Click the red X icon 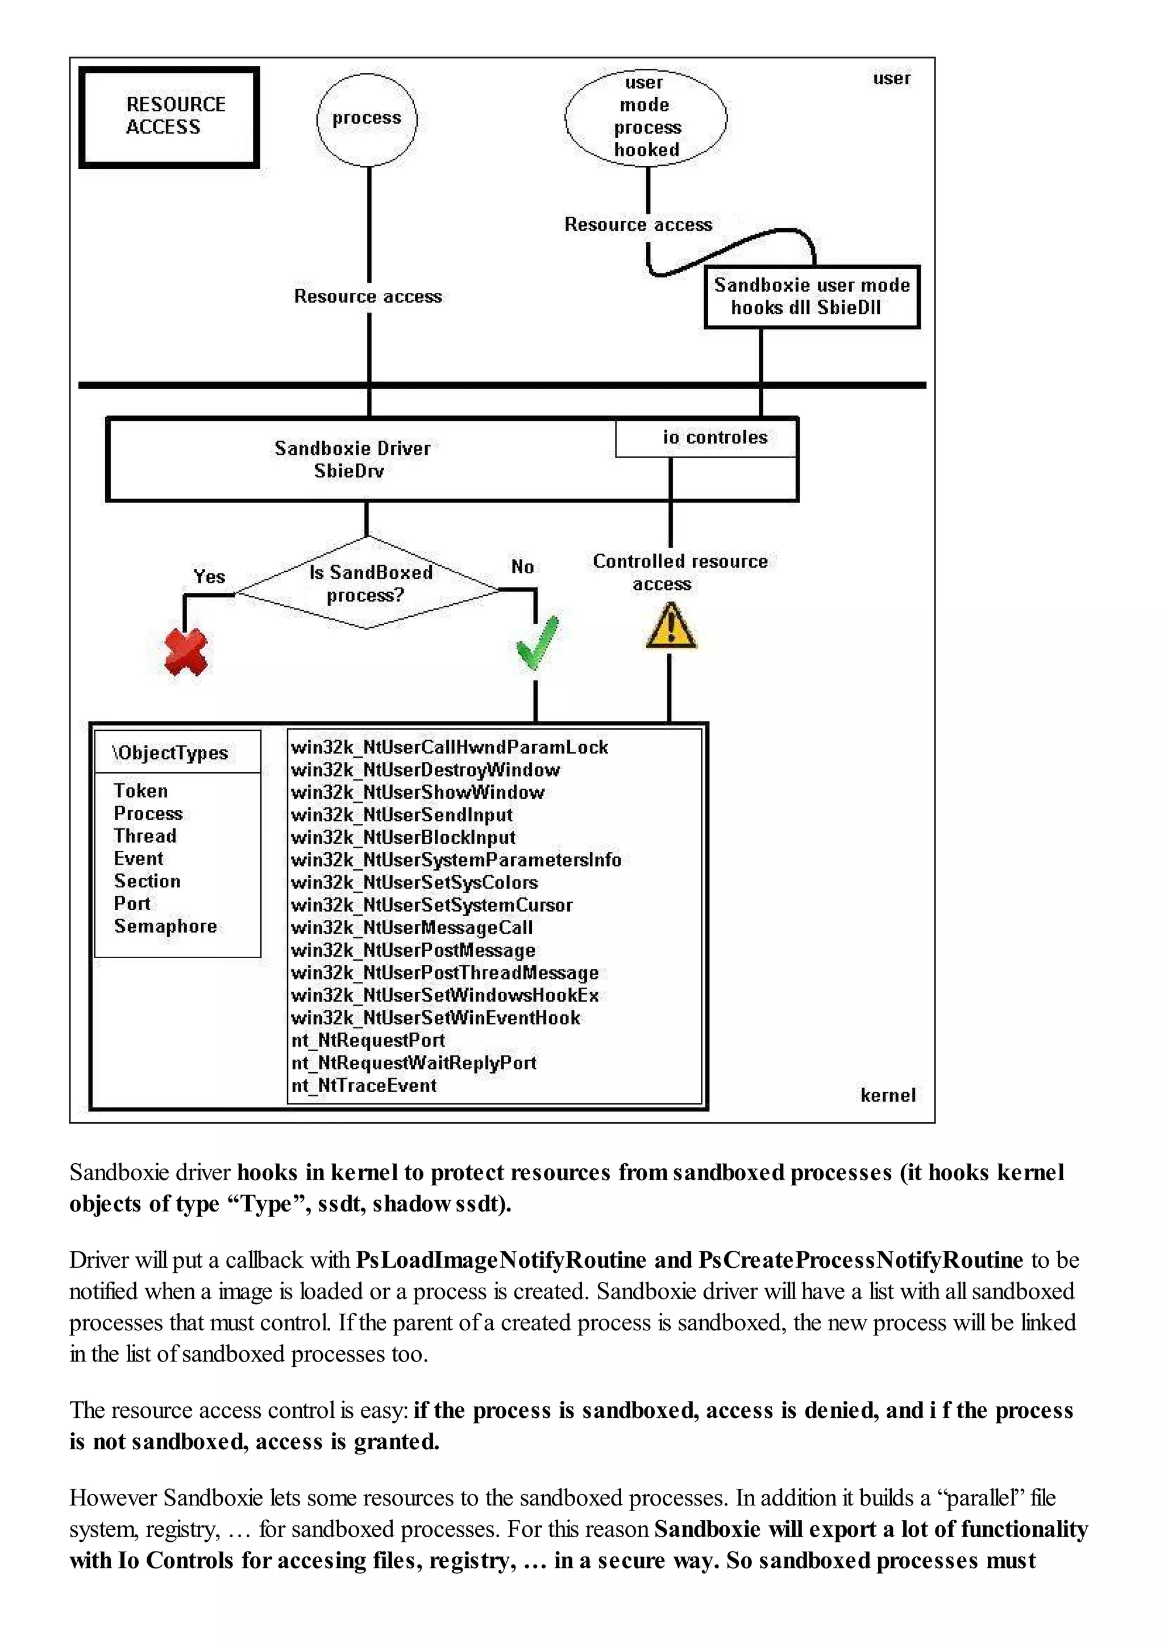click(186, 652)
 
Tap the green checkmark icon click(537, 643)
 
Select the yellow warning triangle click(670, 627)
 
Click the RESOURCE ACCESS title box click(169, 117)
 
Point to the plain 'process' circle click(367, 118)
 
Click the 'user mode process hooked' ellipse click(646, 117)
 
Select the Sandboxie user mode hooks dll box click(812, 296)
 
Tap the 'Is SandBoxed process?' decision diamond click(368, 583)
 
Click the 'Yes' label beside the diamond click(209, 576)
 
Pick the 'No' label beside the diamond click(523, 567)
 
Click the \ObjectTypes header click(171, 753)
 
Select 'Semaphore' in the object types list click(165, 926)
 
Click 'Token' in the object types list click(140, 790)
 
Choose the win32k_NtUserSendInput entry click(402, 815)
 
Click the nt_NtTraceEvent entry click(364, 1085)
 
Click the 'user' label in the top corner click(891, 78)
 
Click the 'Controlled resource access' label click(679, 572)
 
